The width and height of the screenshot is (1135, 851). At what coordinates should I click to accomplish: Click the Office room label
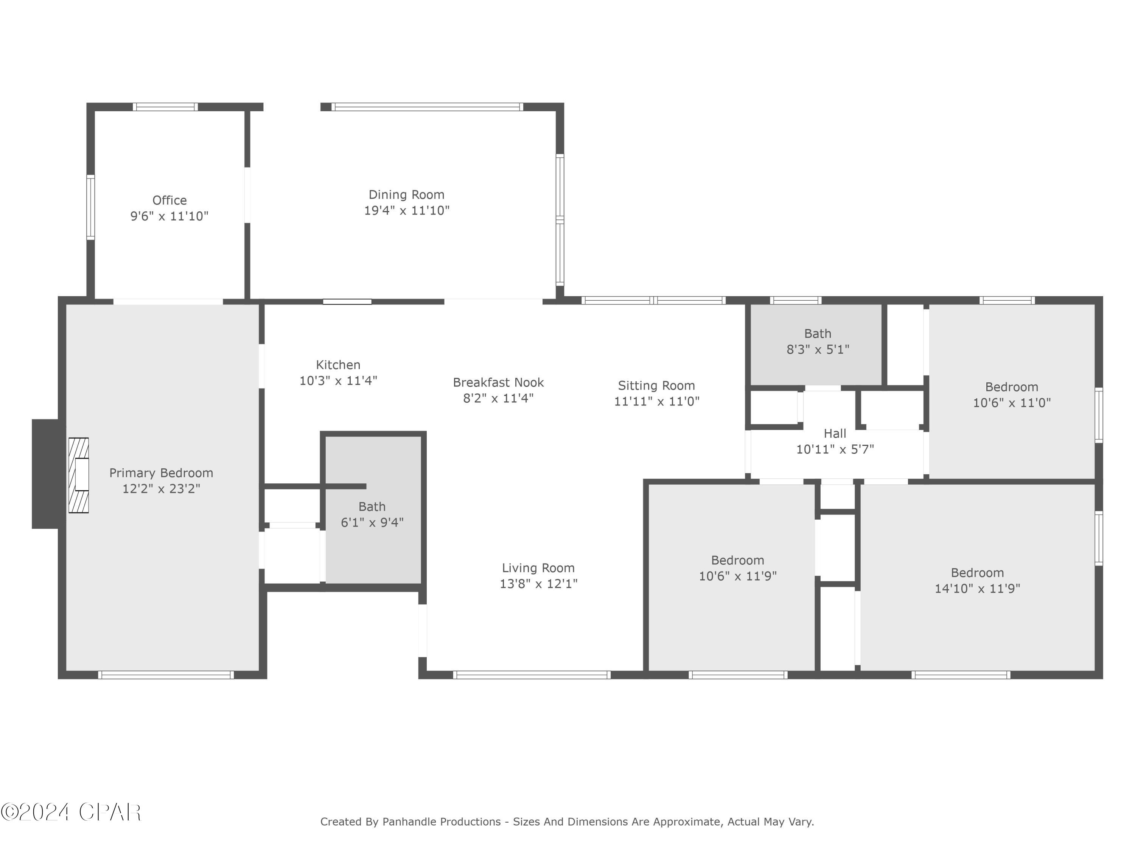(x=169, y=200)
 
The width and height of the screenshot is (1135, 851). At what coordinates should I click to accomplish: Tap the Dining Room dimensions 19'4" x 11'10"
(x=406, y=211)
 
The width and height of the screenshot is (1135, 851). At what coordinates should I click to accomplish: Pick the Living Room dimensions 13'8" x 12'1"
(x=538, y=584)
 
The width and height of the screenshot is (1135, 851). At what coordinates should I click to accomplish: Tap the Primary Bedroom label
(x=161, y=473)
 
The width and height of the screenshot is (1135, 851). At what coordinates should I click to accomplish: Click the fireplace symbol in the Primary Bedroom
(x=79, y=475)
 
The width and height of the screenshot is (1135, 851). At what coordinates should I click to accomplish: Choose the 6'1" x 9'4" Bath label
(x=372, y=514)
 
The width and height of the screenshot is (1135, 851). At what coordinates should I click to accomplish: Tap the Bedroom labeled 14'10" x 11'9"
(x=977, y=580)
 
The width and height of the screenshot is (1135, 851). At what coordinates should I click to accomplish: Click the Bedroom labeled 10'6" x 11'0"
(x=1011, y=394)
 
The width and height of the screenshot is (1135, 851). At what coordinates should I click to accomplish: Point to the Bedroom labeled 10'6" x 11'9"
(x=737, y=568)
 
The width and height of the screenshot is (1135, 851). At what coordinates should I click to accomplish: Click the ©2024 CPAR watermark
(x=71, y=812)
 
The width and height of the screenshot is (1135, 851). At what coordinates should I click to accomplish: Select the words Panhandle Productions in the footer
(x=441, y=822)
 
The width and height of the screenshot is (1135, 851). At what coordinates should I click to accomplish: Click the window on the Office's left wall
(x=90, y=207)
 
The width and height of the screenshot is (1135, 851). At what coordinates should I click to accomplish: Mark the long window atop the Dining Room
(x=427, y=107)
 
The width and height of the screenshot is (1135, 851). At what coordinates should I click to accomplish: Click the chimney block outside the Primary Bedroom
(x=45, y=474)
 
